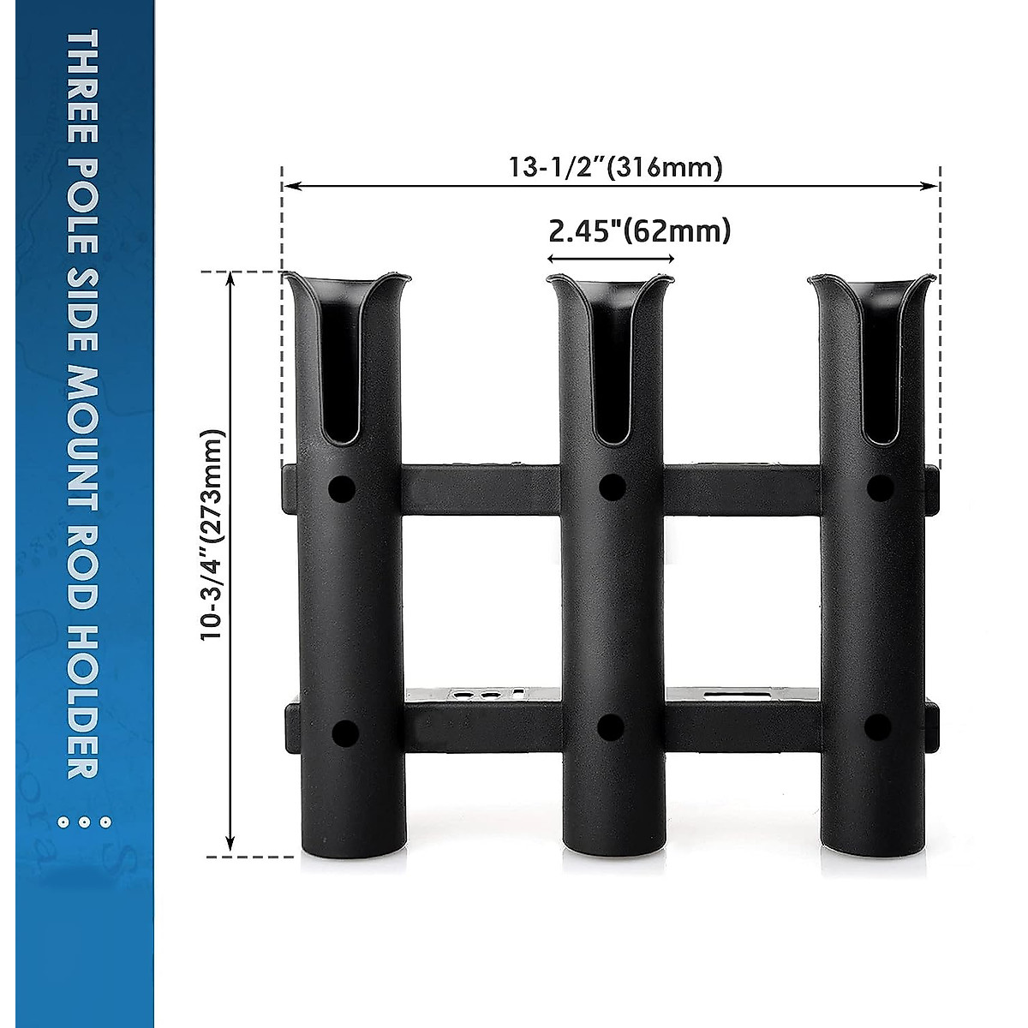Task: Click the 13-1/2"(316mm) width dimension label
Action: point(616,168)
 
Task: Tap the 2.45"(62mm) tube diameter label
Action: point(638,230)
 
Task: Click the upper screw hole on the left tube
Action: point(342,490)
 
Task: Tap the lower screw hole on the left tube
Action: point(344,732)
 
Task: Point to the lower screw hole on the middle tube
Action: point(610,727)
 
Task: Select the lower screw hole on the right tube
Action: point(877,727)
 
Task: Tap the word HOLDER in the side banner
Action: point(83,702)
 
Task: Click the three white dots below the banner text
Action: point(83,822)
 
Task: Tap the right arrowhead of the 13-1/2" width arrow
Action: point(933,186)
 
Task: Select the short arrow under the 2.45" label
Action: point(611,258)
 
